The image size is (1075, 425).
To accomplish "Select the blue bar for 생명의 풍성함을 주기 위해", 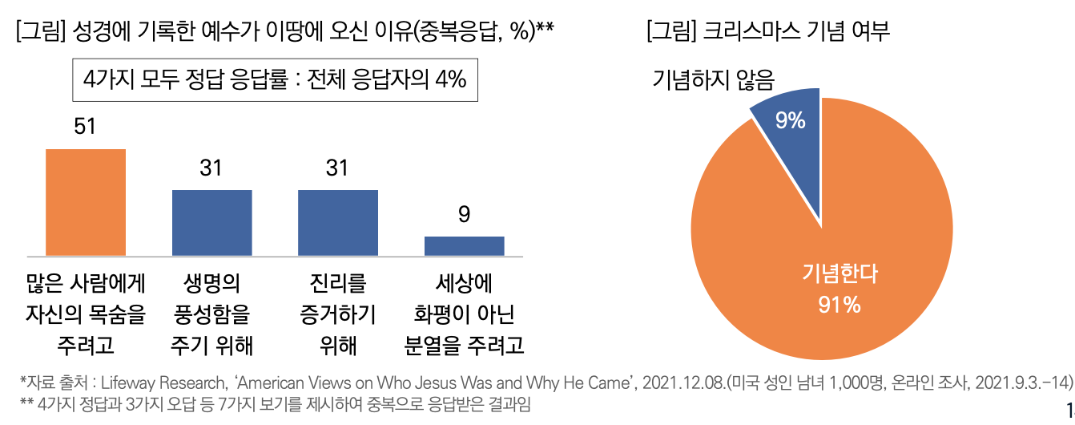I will (212, 222).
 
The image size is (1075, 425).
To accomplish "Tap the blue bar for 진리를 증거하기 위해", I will (337, 222).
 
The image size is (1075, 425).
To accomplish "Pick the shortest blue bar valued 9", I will (464, 245).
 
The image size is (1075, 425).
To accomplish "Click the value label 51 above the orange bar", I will (85, 127).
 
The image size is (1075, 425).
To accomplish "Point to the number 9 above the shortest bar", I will (465, 215).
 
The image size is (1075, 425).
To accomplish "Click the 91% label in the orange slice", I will (839, 305).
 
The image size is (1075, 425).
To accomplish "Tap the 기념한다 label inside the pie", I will (839, 274).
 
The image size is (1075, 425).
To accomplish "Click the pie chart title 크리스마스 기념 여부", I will (767, 31).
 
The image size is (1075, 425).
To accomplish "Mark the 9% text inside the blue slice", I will (790, 120).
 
